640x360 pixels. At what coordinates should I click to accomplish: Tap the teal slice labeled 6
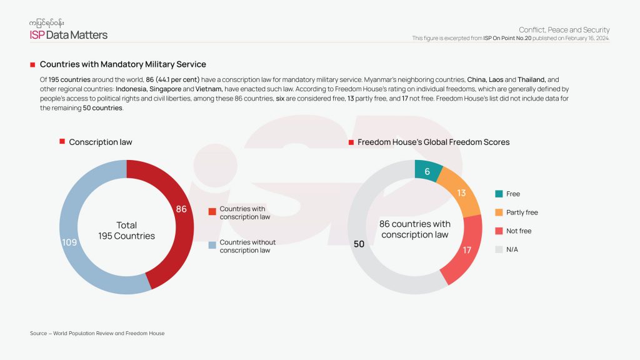point(427,171)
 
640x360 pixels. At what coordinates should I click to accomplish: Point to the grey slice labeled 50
point(359,244)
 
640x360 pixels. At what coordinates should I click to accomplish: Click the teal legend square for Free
point(498,194)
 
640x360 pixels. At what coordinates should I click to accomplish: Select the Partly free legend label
point(522,212)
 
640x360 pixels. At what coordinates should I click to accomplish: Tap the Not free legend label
point(519,231)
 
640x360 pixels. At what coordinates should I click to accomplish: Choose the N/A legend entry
point(512,249)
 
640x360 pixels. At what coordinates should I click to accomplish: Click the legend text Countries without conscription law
point(247,246)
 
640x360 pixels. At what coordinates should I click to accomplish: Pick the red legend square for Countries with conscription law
point(212,211)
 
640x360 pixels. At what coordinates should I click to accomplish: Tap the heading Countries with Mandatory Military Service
point(122,64)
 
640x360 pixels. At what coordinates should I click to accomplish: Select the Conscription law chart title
point(101,142)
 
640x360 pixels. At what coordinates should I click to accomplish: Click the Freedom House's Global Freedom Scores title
point(433,142)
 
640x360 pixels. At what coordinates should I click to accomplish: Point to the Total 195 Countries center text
point(126,231)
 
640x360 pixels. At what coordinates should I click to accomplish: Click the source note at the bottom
point(97,333)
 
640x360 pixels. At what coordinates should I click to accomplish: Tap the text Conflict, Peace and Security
point(564,30)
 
